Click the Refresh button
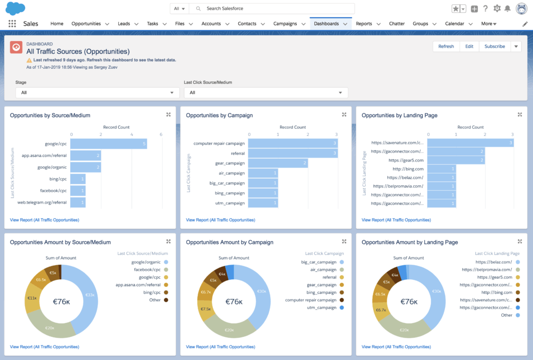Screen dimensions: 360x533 coord(446,46)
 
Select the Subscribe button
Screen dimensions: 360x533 coord(494,46)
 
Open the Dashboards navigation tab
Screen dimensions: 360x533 coord(326,23)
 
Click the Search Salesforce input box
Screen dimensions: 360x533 coord(276,9)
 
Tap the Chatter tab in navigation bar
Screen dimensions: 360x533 coord(397,23)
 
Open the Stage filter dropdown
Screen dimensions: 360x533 coord(97,93)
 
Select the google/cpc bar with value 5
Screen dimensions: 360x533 coord(109,143)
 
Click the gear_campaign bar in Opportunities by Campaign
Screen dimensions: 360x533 coord(278,163)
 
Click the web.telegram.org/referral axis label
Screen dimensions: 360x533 coord(42,202)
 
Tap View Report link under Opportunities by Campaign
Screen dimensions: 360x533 coord(220,220)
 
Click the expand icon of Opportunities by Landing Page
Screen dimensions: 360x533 coord(519,115)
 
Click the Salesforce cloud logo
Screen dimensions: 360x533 coord(15,8)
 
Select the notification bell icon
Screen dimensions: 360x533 coord(507,8)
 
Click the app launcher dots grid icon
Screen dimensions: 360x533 coord(12,24)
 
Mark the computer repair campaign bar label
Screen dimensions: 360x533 coord(219,143)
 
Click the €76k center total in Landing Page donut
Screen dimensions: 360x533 coord(409,302)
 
